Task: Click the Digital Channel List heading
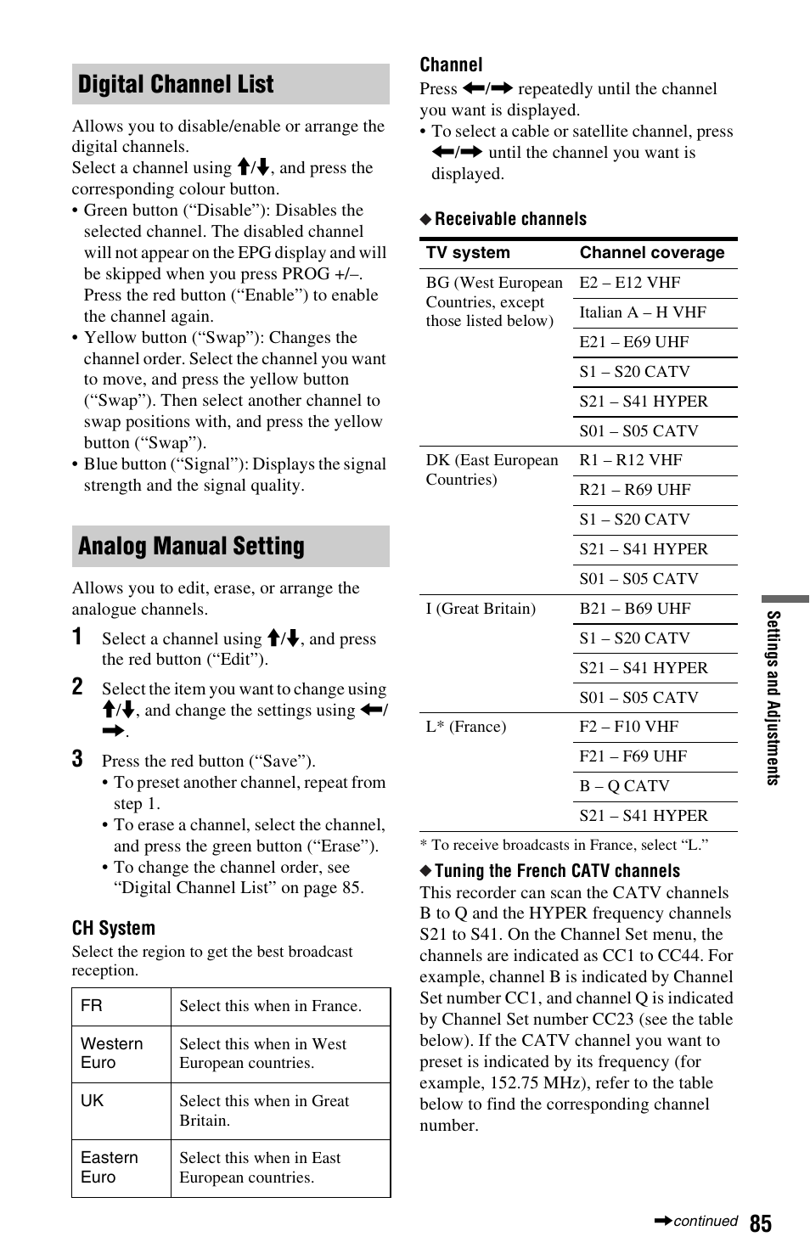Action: pos(176,84)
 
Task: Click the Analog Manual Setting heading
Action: pos(191,546)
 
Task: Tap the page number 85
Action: pos(760,1222)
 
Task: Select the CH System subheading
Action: pos(114,928)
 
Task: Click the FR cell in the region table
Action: pos(92,1006)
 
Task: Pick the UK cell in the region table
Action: pos(93,1101)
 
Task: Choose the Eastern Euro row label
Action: pos(109,1167)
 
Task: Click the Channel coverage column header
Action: pos(651,253)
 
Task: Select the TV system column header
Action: pos(468,253)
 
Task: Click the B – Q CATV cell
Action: pos(624,786)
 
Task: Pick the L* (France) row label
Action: pos(465,727)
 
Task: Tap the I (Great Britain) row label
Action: pos(481,609)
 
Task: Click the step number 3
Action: pos(77,759)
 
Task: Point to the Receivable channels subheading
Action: pos(510,219)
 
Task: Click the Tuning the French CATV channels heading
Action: pos(557,871)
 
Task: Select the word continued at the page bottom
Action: pos(705,1221)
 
